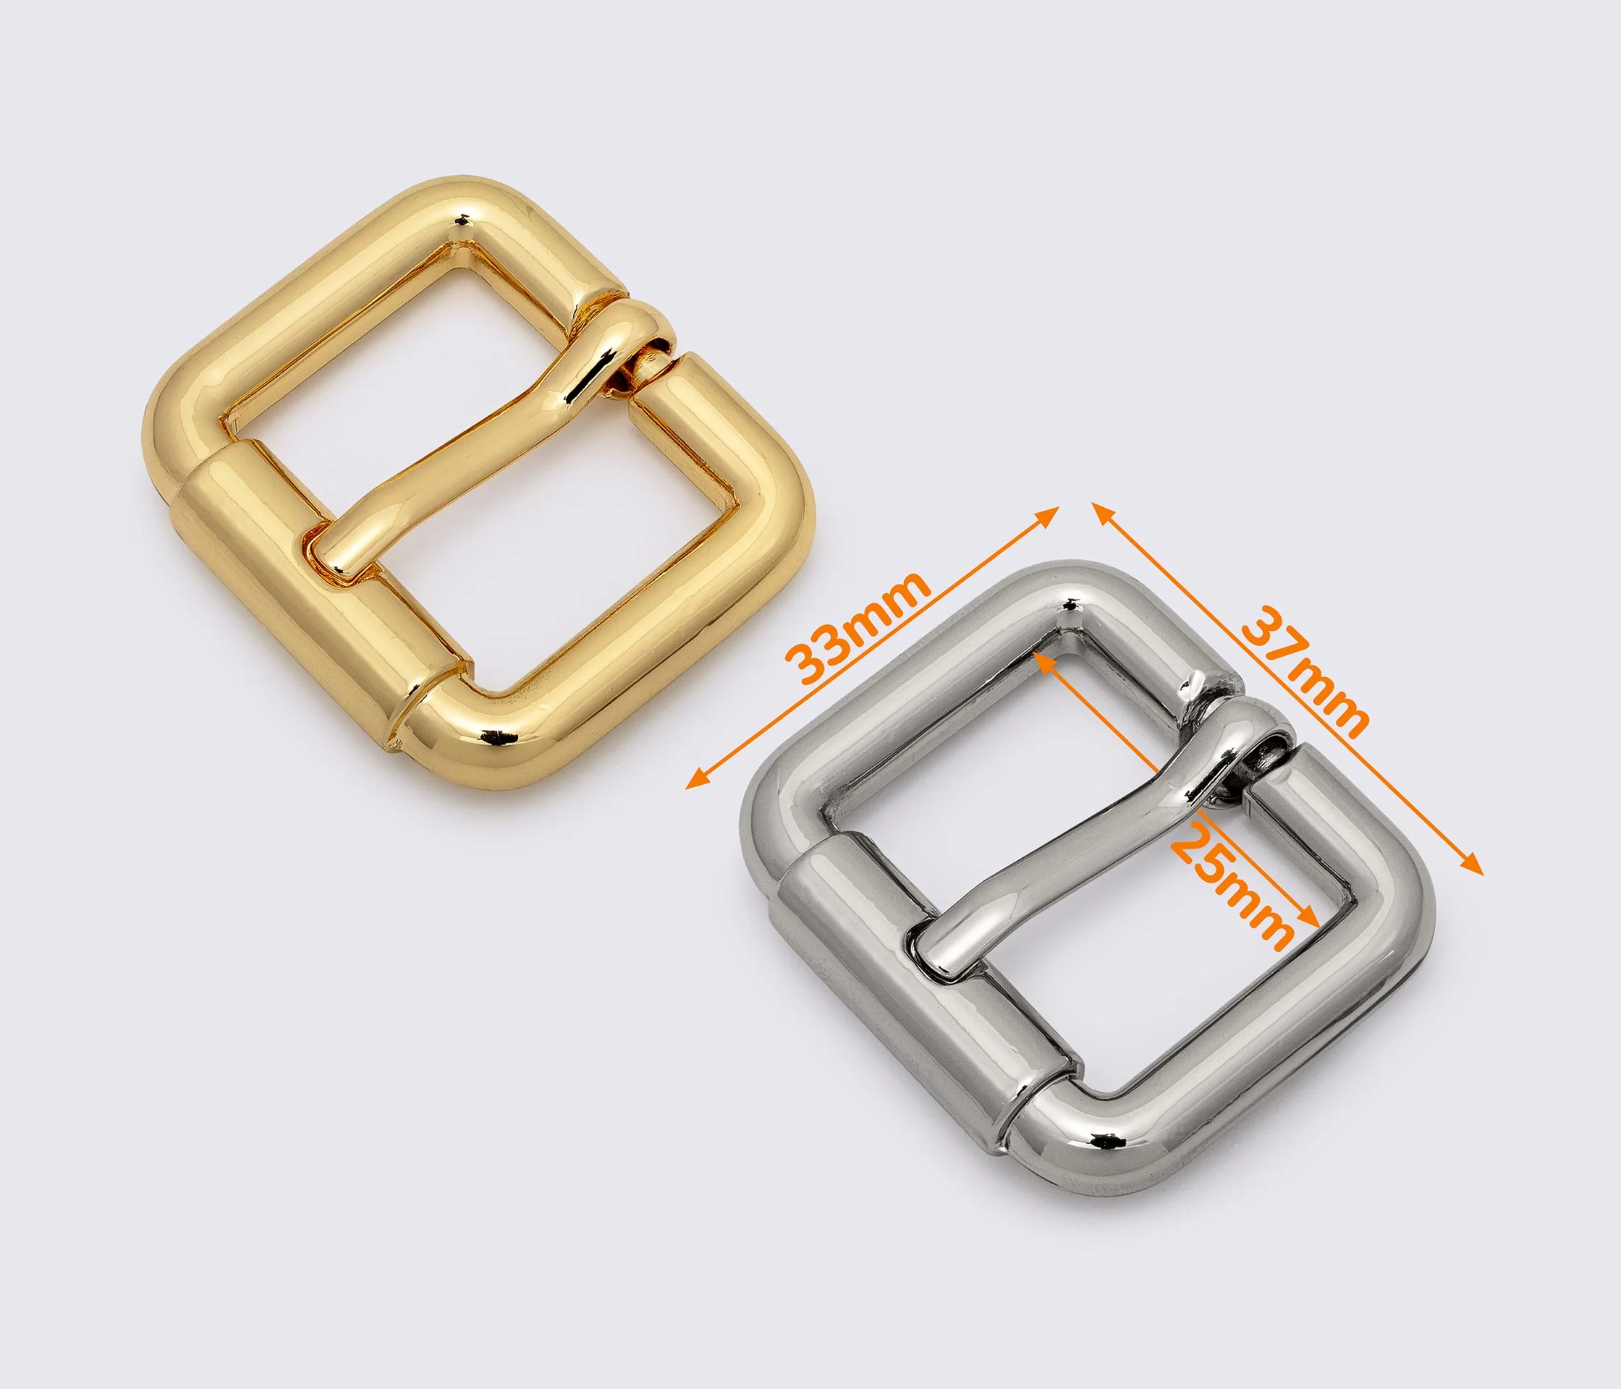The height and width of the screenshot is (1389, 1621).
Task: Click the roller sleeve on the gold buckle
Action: [321, 595]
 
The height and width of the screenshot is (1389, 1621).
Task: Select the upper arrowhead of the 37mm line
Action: [1103, 514]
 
